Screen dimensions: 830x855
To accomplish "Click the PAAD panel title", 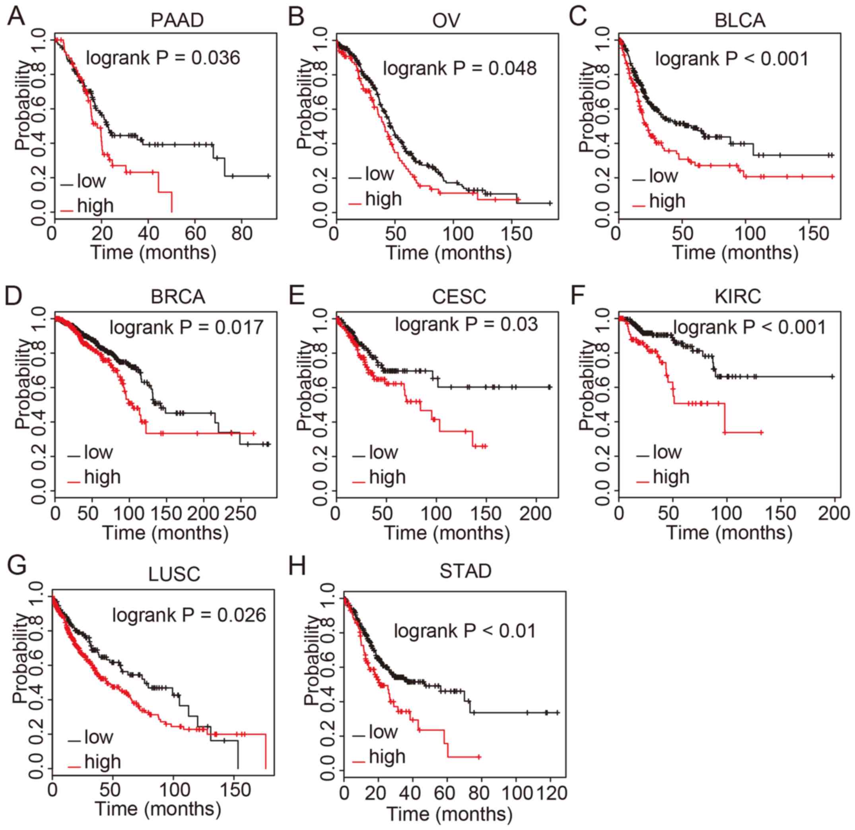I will click(177, 21).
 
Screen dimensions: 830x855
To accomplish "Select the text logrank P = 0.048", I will click(460, 68).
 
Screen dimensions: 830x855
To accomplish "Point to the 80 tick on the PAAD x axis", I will click(241, 234).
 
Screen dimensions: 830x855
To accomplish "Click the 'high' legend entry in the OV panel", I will click(383, 199).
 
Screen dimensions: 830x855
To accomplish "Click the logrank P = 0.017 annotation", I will click(186, 327).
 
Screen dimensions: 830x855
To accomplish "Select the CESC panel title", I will click(459, 297).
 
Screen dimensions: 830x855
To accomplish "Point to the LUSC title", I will click(174, 574).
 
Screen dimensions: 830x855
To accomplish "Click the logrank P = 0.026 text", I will click(189, 615).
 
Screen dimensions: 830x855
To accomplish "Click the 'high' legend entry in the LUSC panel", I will click(103, 762).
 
